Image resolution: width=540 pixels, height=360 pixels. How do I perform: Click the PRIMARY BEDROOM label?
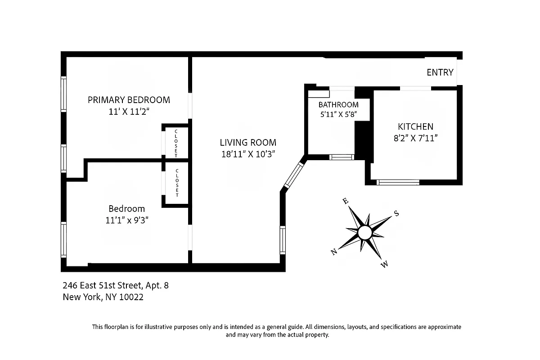point(129,99)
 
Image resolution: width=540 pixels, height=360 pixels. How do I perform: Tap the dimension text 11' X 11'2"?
point(129,112)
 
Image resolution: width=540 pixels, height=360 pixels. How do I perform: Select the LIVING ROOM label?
point(248,142)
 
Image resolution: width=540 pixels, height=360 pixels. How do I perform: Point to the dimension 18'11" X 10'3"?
point(248,154)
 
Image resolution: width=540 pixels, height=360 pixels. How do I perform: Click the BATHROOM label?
point(338,105)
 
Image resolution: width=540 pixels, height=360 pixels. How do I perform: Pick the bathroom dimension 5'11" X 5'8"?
point(338,115)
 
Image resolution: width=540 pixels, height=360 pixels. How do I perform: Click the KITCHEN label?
point(415,126)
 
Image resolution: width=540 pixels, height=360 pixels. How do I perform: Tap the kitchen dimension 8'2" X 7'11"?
point(415,138)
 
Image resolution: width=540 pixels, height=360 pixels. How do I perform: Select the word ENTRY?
point(440,72)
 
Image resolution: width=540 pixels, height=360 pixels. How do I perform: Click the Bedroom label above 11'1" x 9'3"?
point(126,208)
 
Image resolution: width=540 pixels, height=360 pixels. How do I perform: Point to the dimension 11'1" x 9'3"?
point(126,220)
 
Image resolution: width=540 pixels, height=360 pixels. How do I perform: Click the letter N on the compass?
point(334,252)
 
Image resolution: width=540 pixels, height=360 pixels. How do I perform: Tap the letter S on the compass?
point(396,213)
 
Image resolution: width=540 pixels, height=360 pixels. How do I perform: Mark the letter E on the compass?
point(345,201)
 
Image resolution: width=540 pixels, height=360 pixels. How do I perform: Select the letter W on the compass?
point(384,265)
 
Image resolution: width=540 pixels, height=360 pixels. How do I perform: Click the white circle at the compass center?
point(365,233)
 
